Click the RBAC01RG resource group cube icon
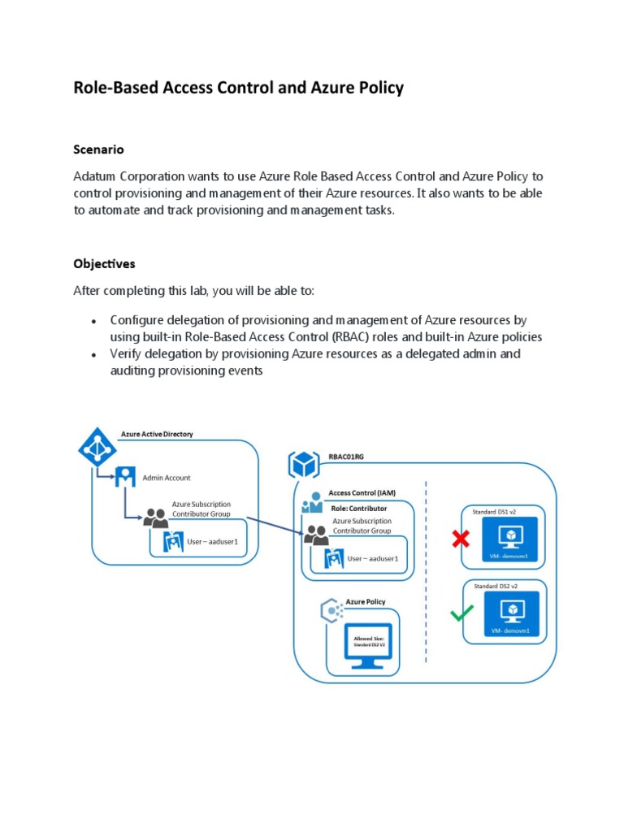click(304, 465)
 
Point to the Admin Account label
click(167, 478)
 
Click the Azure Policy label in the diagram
click(366, 602)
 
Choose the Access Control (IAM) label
click(362, 492)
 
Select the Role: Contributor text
click(358, 509)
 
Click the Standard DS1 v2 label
click(495, 512)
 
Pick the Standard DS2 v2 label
click(495, 585)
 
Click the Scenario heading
click(98, 149)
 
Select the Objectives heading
click(104, 264)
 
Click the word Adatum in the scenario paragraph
click(95, 176)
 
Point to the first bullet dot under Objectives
click(95, 321)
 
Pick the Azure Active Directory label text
click(157, 435)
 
